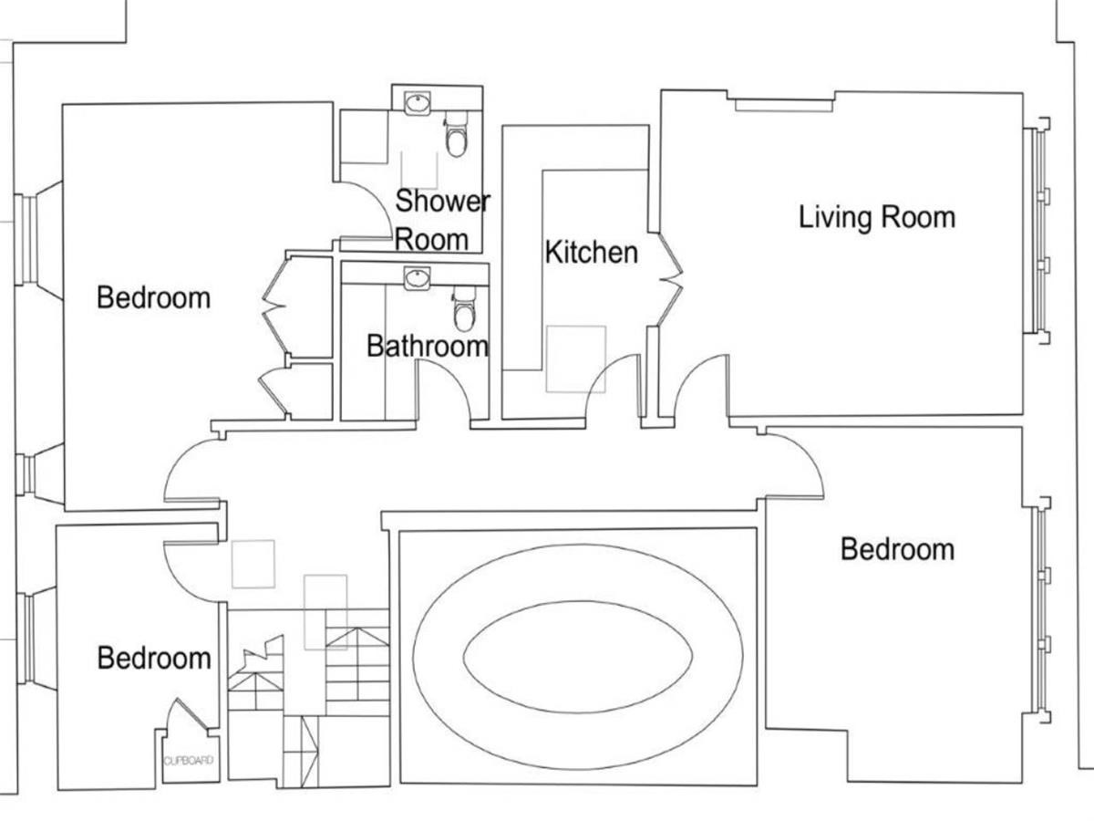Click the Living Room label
877,218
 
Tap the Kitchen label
592,253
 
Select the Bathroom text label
428,346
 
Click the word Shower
442,201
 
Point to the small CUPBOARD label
189,760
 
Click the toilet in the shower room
456,134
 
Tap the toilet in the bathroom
465,309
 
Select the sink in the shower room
417,103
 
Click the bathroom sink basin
417,278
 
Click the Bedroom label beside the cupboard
154,658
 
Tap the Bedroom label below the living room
898,549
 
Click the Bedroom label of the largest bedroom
153,297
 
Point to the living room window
1036,231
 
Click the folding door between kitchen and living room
670,279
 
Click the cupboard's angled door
191,713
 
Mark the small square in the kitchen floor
575,359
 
